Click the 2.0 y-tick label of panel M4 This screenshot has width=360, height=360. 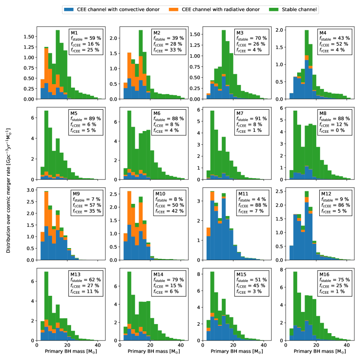[281, 29]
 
